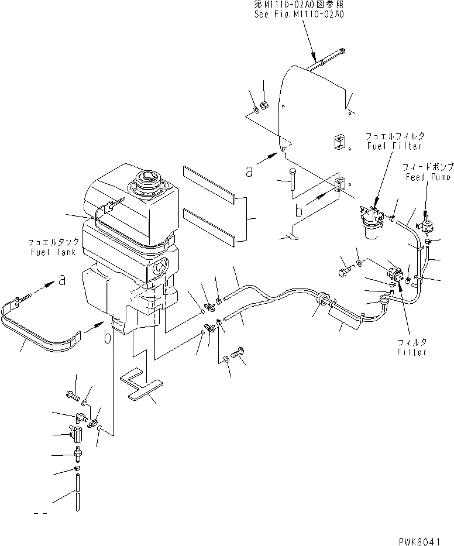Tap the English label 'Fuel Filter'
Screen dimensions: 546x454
387,146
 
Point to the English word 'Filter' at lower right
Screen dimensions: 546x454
411,352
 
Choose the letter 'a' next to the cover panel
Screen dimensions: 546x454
250,171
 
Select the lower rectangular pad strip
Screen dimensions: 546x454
208,225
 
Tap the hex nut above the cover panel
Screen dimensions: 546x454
263,106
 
